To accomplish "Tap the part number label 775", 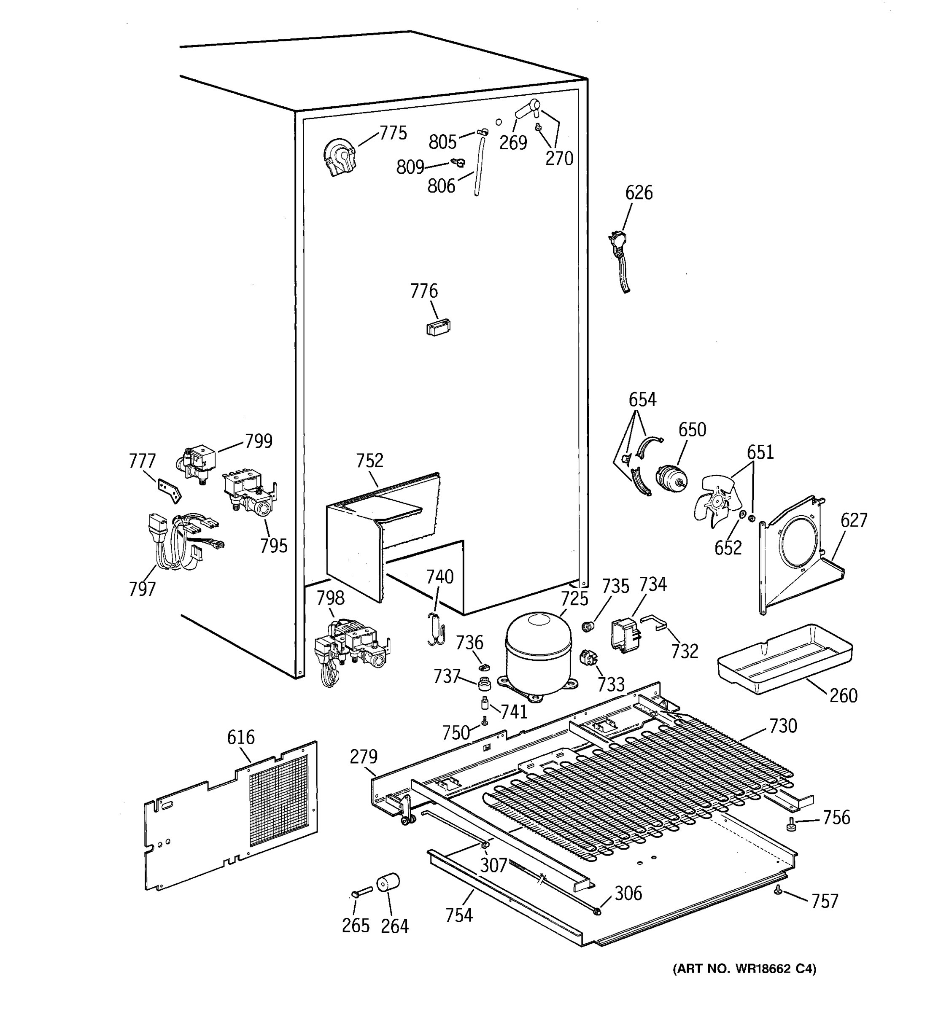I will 393,133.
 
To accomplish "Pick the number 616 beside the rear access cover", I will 241,737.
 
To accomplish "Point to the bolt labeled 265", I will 361,892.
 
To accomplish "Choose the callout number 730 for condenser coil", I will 782,725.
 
